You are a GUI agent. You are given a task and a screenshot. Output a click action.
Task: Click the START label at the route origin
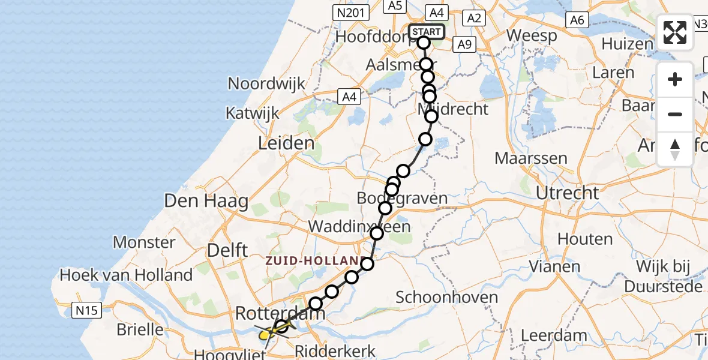[427, 32]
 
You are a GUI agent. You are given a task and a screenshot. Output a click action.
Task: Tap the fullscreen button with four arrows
[675, 32]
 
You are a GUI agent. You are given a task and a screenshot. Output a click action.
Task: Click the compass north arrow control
[675, 149]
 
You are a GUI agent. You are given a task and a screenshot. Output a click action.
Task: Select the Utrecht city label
[567, 193]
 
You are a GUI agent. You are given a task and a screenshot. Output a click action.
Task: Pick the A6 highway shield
[577, 20]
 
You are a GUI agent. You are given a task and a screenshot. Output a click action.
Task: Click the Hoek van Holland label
[126, 275]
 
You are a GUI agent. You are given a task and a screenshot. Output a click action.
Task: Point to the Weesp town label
[532, 35]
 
